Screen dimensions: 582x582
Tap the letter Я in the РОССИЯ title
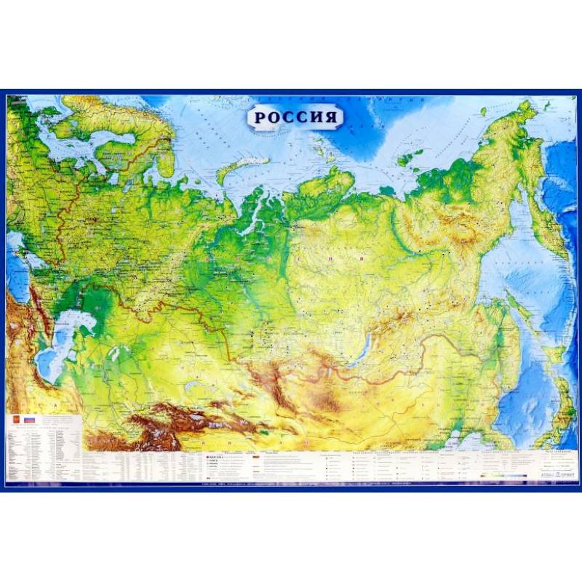[x=331, y=117]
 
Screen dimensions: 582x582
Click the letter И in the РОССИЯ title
[x=316, y=117]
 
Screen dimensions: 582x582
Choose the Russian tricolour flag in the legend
[x=30, y=421]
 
